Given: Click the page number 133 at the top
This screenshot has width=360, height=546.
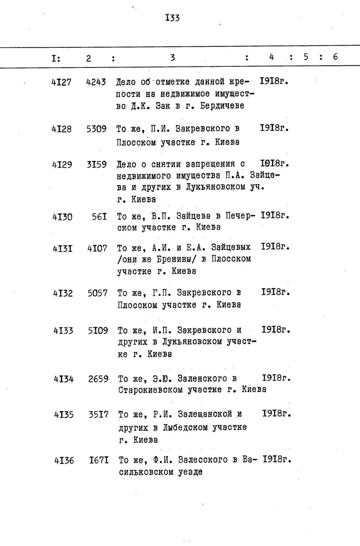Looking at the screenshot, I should click(172, 18).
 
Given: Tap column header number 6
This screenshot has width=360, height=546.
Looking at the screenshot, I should click(335, 57).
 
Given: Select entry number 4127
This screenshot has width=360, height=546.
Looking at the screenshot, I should click(61, 82).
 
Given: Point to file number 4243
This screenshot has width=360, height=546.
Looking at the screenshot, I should click(96, 82).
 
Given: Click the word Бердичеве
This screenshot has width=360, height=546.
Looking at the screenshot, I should click(222, 106).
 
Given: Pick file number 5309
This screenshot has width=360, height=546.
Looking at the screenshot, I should click(96, 129).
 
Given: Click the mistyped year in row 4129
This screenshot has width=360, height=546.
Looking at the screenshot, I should click(274, 163).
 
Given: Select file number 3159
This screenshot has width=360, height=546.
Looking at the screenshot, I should click(97, 164).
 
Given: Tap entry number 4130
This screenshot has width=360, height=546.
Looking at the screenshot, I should click(63, 217).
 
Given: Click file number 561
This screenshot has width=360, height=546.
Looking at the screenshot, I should click(99, 217).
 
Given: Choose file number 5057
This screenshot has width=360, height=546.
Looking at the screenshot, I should click(97, 293).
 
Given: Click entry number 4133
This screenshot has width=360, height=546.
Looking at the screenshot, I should click(63, 331).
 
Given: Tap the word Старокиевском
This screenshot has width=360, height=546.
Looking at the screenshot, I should click(150, 390).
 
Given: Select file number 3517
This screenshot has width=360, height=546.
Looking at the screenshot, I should click(98, 415).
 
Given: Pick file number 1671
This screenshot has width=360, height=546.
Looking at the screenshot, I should click(99, 460).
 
